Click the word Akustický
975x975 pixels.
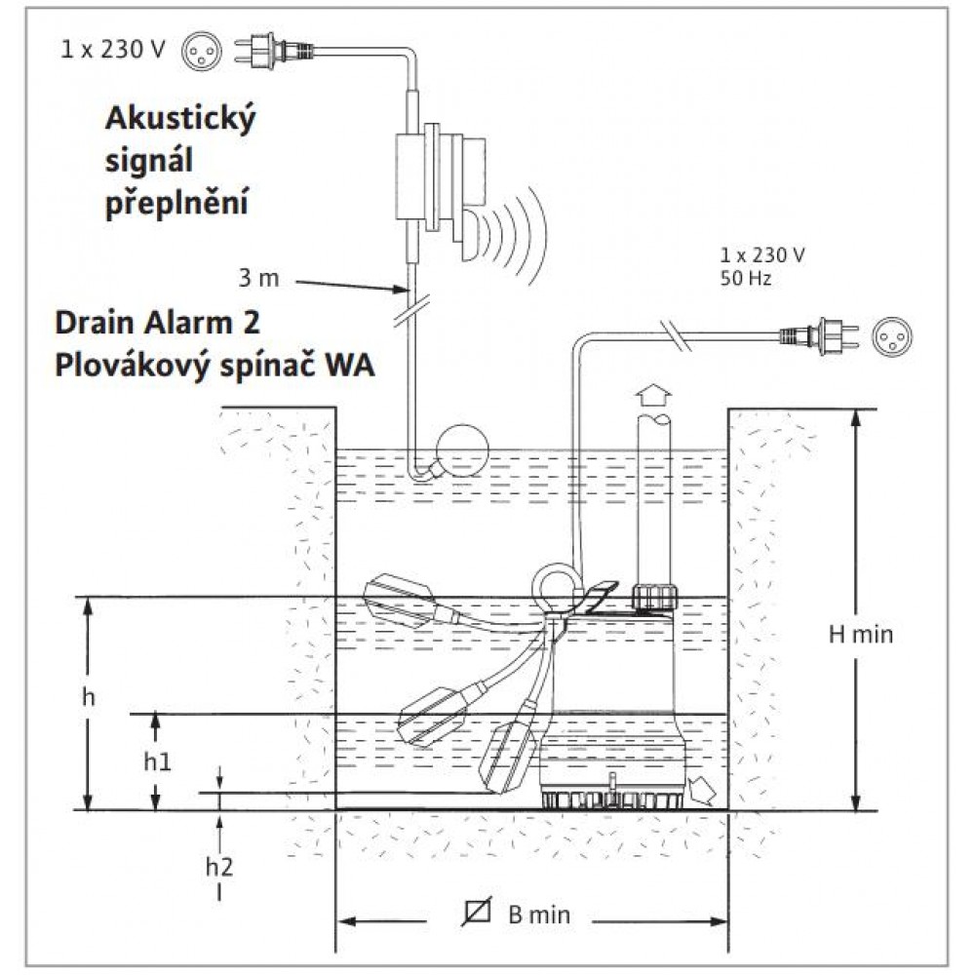pos(180,119)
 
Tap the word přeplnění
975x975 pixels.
pos(176,202)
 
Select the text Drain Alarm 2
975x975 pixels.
pos(157,323)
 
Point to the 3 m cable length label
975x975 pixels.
pos(258,278)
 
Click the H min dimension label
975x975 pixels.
pos(861,635)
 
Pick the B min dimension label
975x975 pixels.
pos(538,915)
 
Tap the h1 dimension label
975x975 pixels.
pos(157,761)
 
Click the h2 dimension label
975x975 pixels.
pos(218,866)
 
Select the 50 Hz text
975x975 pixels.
pos(746,278)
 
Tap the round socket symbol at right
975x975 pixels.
pos(892,336)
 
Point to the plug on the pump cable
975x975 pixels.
pos(820,335)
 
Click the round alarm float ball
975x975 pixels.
pos(462,450)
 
